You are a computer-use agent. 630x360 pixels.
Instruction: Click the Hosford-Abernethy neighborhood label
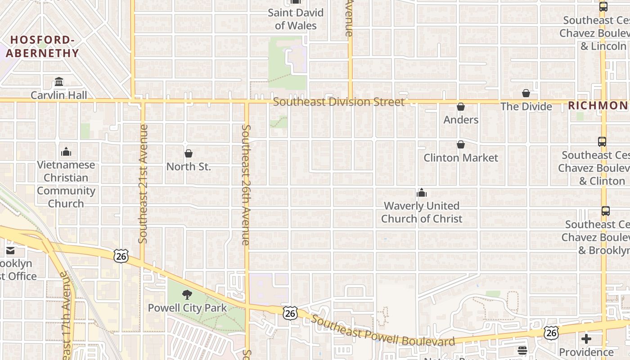[42, 46]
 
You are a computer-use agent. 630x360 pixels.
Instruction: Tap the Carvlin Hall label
[59, 95]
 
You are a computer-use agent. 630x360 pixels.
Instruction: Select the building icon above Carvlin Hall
[59, 82]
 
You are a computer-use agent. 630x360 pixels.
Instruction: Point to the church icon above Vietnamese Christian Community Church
[66, 152]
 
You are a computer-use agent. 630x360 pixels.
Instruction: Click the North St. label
[189, 166]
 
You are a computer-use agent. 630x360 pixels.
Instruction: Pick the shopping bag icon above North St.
[189, 153]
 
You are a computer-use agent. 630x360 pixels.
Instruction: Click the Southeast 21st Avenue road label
[144, 184]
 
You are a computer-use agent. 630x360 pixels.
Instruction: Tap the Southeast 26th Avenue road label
[246, 184]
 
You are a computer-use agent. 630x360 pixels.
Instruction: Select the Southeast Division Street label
[338, 102]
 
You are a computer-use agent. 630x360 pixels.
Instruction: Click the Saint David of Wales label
[296, 19]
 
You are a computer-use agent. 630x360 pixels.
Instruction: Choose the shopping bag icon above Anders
[461, 107]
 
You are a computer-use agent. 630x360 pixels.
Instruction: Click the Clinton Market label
[461, 158]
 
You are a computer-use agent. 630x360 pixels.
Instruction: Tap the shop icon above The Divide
[526, 93]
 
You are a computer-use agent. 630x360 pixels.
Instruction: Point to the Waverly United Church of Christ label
[422, 212]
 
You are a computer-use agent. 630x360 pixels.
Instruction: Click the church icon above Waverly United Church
[422, 193]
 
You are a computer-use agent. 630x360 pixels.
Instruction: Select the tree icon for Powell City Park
[187, 295]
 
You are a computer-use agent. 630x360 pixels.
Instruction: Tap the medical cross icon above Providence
[586, 339]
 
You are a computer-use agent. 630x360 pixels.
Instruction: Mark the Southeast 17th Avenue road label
[66, 315]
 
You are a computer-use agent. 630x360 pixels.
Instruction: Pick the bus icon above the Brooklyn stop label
[606, 211]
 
